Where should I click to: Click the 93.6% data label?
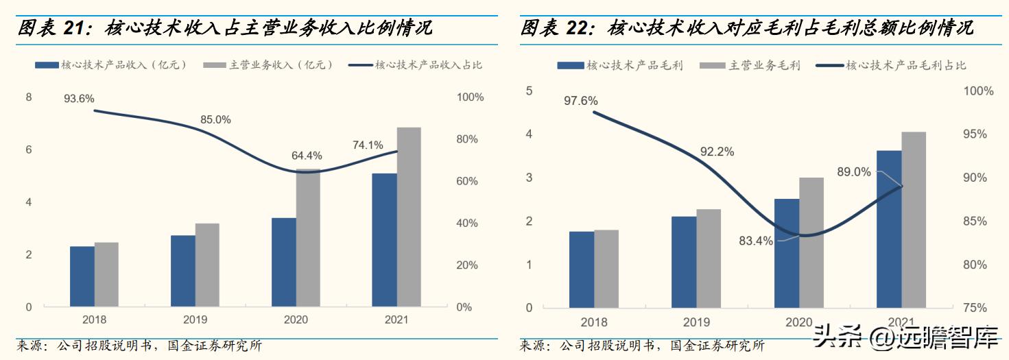pyautogui.click(x=79, y=99)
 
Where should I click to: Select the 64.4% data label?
pyautogui.click(x=307, y=156)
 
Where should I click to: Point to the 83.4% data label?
pyautogui.click(x=756, y=241)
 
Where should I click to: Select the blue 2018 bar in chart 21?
pyautogui.click(x=82, y=276)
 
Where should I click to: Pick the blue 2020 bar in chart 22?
pyautogui.click(x=787, y=253)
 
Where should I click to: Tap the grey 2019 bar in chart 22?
pyautogui.click(x=709, y=259)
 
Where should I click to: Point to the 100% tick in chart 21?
pyautogui.click(x=470, y=97)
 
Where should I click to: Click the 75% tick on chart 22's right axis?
pyautogui.click(x=978, y=308)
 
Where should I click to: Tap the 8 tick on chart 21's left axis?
pyautogui.click(x=29, y=97)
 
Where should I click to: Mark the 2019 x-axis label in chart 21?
pyautogui.click(x=195, y=320)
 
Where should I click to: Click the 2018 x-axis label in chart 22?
pyautogui.click(x=594, y=322)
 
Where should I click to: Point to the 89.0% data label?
pyautogui.click(x=853, y=172)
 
